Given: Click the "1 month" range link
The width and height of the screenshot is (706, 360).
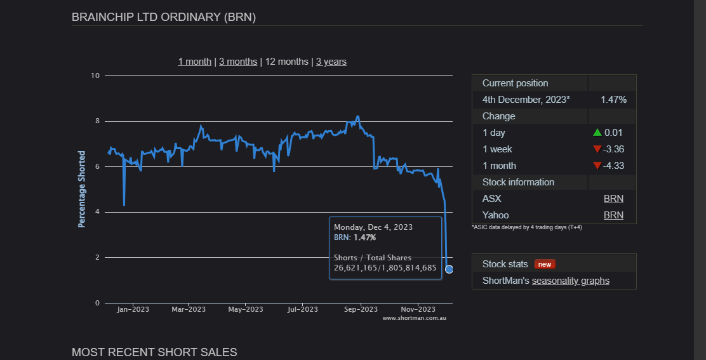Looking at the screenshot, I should (194, 62).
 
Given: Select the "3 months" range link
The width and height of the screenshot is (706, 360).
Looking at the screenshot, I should (238, 62).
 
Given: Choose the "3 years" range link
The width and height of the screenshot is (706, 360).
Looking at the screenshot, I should (331, 62).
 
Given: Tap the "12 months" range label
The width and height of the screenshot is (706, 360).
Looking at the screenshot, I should (286, 62).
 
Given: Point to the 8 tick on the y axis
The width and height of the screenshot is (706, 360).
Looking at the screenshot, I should (97, 121).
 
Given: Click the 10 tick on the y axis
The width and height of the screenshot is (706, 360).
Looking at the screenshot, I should (96, 76).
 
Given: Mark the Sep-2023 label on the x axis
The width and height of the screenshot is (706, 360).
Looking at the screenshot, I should (361, 309).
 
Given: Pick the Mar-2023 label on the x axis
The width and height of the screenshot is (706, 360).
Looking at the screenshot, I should (189, 309).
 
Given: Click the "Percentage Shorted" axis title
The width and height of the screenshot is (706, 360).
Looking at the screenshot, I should (82, 189).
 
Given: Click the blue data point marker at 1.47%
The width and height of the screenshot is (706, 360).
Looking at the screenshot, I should (449, 269).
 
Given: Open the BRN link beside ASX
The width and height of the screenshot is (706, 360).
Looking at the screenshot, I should (613, 199).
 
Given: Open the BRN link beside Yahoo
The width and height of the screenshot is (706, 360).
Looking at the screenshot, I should (613, 215).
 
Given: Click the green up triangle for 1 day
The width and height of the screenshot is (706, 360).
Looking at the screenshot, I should (597, 133).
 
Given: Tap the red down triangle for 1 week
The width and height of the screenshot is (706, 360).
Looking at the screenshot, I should (597, 149).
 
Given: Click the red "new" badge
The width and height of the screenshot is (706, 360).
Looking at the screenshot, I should (545, 264).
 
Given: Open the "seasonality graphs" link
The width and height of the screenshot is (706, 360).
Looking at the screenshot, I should (570, 281).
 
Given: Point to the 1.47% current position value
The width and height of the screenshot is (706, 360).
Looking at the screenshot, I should (613, 100).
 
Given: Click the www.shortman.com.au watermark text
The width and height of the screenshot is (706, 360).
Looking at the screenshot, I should (414, 317).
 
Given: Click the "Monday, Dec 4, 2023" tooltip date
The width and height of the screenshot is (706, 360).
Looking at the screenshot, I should (373, 227).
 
